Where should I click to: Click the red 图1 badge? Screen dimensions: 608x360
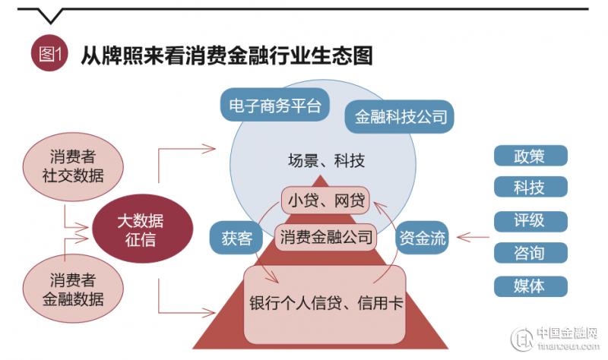click(49, 53)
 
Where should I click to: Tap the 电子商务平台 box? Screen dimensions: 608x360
click(275, 105)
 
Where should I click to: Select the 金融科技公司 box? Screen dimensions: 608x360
click(400, 116)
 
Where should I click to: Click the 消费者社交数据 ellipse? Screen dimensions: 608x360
click(73, 166)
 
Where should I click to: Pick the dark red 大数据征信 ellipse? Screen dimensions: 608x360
click(142, 229)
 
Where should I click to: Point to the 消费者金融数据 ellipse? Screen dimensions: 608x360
click(73, 289)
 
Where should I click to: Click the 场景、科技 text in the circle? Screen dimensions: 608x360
click(327, 160)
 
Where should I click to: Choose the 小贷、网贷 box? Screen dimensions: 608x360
click(326, 200)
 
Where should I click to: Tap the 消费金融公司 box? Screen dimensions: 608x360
click(326, 237)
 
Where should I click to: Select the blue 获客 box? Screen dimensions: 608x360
click(236, 238)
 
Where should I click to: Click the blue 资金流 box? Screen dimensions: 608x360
click(423, 238)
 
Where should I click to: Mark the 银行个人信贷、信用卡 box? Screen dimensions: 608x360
click(325, 305)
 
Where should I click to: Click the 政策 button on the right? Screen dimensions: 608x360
click(530, 156)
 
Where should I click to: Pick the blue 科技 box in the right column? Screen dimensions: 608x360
click(530, 187)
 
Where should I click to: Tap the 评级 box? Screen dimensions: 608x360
click(530, 221)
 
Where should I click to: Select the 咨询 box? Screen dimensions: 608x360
click(530, 253)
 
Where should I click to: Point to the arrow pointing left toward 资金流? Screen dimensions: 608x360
click(473, 237)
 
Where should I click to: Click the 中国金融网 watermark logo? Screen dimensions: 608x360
click(556, 338)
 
